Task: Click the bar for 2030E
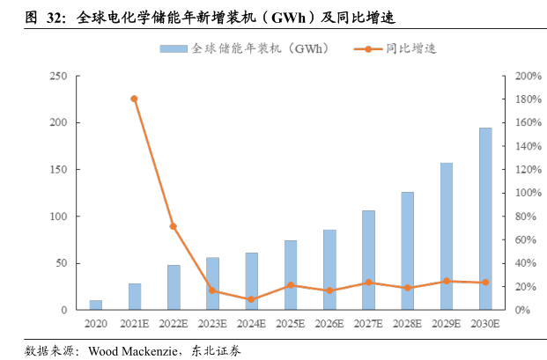point(485,219)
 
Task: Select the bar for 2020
point(95,305)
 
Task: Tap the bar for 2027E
point(368,260)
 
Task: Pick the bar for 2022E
point(174,287)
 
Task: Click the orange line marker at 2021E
point(134,99)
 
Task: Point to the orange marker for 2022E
point(174,226)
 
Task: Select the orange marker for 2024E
point(251,299)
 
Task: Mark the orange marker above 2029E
point(447,281)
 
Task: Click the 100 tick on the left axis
point(59,217)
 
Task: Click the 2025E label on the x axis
point(290,324)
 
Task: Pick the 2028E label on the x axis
point(407,324)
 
